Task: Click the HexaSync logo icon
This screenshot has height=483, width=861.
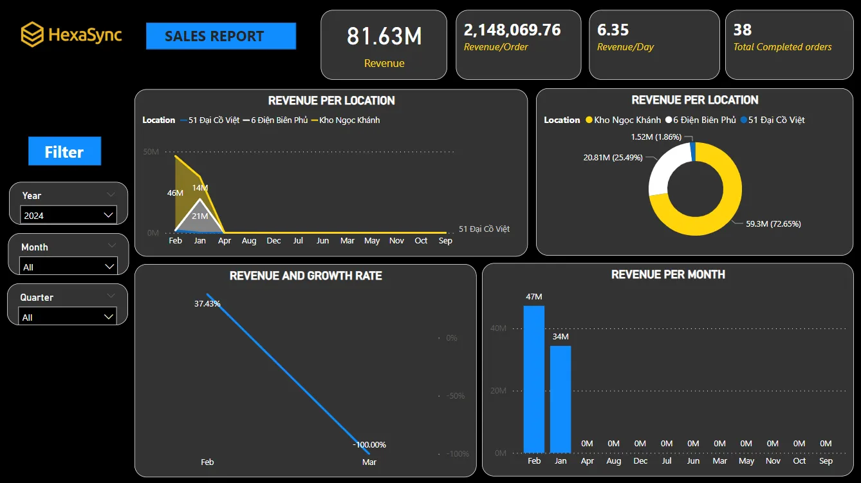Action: [32, 35]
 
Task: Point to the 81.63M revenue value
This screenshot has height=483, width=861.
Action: [384, 37]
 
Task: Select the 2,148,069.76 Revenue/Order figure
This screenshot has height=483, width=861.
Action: [512, 30]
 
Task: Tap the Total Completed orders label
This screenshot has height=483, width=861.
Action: [782, 47]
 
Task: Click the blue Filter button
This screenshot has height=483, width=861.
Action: [64, 152]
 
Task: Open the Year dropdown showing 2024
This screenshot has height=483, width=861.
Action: [69, 216]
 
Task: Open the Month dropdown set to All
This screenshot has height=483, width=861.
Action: [69, 267]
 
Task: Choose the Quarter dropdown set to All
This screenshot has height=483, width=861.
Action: [69, 317]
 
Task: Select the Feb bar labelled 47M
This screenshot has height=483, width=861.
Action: [534, 379]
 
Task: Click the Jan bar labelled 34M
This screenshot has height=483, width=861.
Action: [560, 399]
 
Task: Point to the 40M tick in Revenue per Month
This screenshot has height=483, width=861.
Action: [499, 328]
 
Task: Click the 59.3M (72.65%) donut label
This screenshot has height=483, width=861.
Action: [773, 224]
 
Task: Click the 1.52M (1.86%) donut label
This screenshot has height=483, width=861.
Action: [656, 137]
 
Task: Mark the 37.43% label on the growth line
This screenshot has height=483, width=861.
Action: [207, 303]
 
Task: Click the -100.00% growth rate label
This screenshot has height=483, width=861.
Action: [369, 445]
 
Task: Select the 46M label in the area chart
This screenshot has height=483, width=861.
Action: [175, 193]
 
